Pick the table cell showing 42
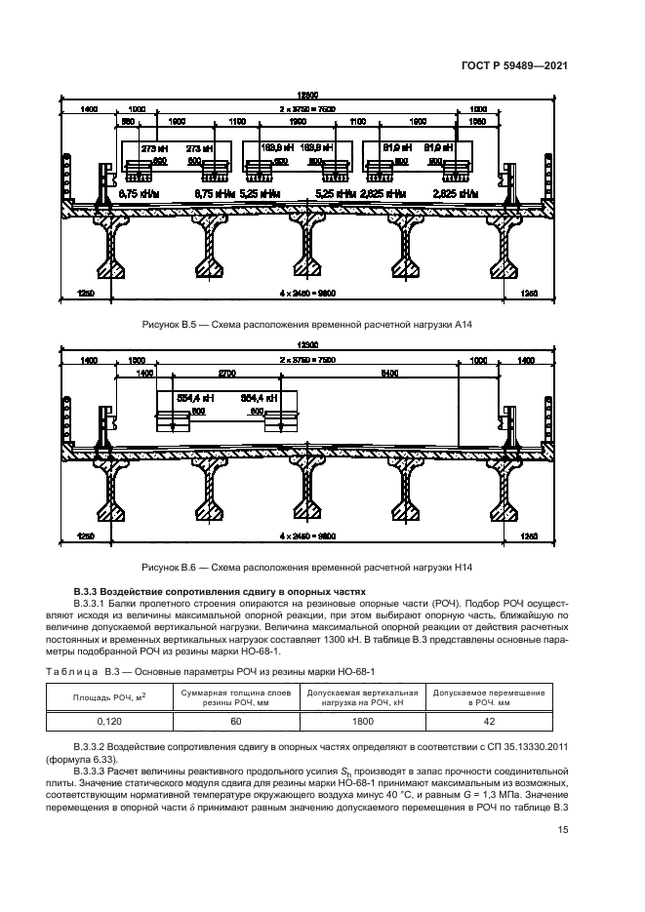(489, 722)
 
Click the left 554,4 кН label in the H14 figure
(192, 398)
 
